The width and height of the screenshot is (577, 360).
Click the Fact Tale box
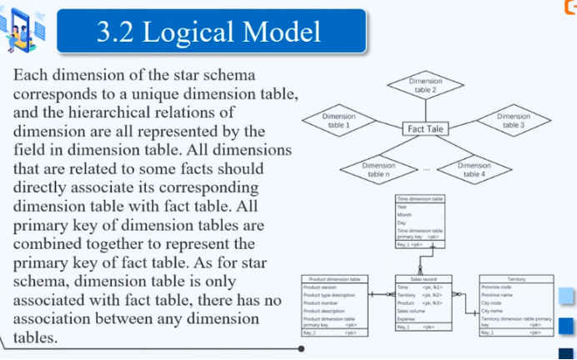tap(424, 129)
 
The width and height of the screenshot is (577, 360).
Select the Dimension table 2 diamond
tap(425, 85)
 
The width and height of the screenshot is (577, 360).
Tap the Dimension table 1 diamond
tap(339, 120)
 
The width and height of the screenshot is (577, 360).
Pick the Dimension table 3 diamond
tap(514, 120)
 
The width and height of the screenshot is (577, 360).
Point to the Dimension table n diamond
tap(379, 169)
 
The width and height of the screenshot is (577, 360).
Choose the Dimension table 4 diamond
tap(474, 169)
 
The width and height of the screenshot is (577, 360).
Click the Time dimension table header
tap(419, 199)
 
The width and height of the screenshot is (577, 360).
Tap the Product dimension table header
tap(334, 279)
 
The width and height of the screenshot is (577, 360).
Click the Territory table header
tap(516, 279)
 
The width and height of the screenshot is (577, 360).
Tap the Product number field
tap(321, 302)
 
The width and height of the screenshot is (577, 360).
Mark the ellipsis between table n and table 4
tap(426, 170)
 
